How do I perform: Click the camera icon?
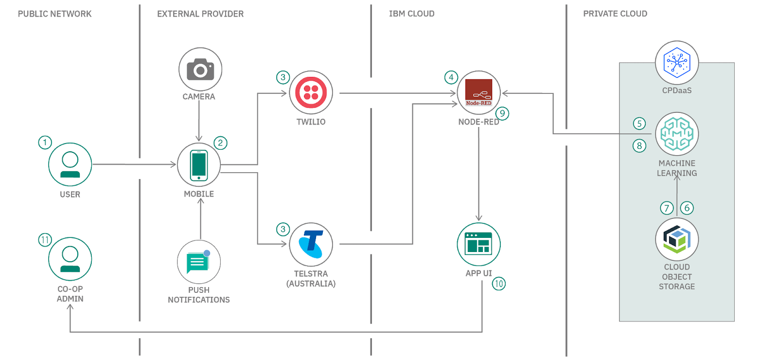[x=200, y=70]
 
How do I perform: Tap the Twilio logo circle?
[x=311, y=92]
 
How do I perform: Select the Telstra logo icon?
[x=311, y=244]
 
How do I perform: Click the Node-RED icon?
[x=478, y=92]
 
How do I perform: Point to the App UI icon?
[x=478, y=244]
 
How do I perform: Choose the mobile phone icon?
[x=198, y=165]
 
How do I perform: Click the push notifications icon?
[x=198, y=262]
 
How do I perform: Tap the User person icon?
[x=70, y=165]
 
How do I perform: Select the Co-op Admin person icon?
[x=70, y=259]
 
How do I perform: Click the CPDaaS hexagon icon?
[x=677, y=63]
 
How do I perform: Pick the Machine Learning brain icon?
[x=677, y=134]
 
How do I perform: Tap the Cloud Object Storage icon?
[x=677, y=239]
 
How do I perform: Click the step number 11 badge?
[x=45, y=240]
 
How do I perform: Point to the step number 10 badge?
[x=499, y=284]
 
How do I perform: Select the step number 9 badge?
[x=502, y=113]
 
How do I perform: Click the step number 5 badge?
[x=639, y=124]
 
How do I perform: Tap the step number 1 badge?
[x=45, y=143]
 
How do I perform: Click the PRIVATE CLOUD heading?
[x=615, y=14]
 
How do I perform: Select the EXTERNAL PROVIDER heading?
[x=200, y=14]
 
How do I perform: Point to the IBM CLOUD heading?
[x=411, y=14]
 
